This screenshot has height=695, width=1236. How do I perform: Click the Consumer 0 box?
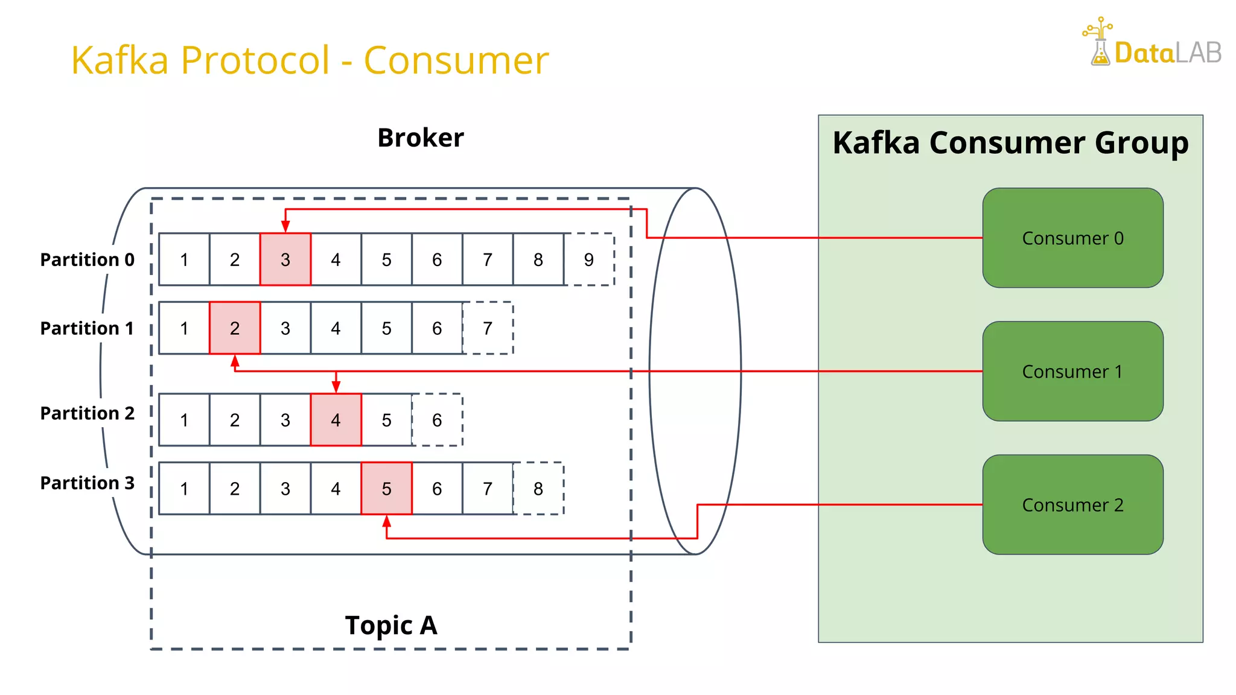pyautogui.click(x=1072, y=238)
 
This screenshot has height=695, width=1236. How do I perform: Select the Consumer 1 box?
pyautogui.click(x=1072, y=371)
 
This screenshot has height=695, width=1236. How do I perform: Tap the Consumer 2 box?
pyautogui.click(x=1072, y=504)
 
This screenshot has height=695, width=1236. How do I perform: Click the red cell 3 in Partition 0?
pyautogui.click(x=285, y=259)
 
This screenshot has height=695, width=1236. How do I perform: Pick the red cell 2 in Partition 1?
pyautogui.click(x=235, y=328)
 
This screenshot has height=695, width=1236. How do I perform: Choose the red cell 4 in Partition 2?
pyautogui.click(x=336, y=420)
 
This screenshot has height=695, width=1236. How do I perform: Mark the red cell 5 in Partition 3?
pyautogui.click(x=386, y=489)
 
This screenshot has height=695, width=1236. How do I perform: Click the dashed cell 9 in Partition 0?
pyautogui.click(x=589, y=259)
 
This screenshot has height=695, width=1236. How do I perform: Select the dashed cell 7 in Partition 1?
pyautogui.click(x=488, y=328)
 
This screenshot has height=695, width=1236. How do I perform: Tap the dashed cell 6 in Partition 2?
pyautogui.click(x=437, y=420)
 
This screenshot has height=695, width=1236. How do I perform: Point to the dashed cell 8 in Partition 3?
pyautogui.click(x=538, y=489)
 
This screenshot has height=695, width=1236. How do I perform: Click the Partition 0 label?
pyautogui.click(x=87, y=259)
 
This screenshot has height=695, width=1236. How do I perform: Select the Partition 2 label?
pyautogui.click(x=87, y=413)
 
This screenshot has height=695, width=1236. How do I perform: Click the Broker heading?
pyautogui.click(x=421, y=138)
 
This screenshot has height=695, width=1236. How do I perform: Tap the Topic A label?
pyautogui.click(x=391, y=625)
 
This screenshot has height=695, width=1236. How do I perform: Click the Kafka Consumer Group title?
pyautogui.click(x=1010, y=143)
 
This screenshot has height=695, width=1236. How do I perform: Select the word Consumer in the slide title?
pyautogui.click(x=456, y=60)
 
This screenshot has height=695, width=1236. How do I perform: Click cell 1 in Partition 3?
pyautogui.click(x=184, y=489)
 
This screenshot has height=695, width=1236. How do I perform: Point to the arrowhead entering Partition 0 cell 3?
pyautogui.click(x=285, y=227)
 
